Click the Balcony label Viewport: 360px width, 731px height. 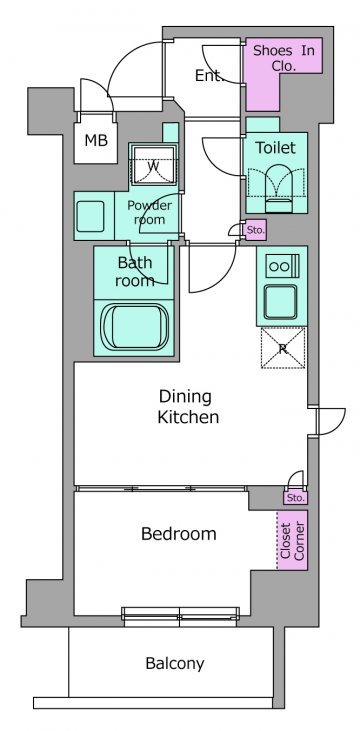coord(175,663)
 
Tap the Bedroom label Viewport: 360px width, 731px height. coord(179,534)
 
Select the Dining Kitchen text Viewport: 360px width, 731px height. coord(188,407)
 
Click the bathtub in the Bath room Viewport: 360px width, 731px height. coord(135,326)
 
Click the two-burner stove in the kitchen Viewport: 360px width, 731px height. coord(282,266)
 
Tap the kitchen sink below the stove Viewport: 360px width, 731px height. coord(280,302)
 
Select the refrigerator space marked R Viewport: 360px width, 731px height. coord(283,348)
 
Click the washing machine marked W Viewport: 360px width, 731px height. coord(153,166)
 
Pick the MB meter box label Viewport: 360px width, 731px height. coord(96,140)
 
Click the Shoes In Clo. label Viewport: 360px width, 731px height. coord(284,58)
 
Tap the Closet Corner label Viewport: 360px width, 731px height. coord(292,541)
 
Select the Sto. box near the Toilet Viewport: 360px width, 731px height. coord(256,230)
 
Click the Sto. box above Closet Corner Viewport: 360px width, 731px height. coord(296,498)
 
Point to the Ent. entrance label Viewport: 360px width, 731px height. coord(210,76)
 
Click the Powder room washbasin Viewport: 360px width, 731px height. coord(90,216)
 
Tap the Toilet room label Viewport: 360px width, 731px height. coord(276,148)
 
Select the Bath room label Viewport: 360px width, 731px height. coord(135,272)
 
